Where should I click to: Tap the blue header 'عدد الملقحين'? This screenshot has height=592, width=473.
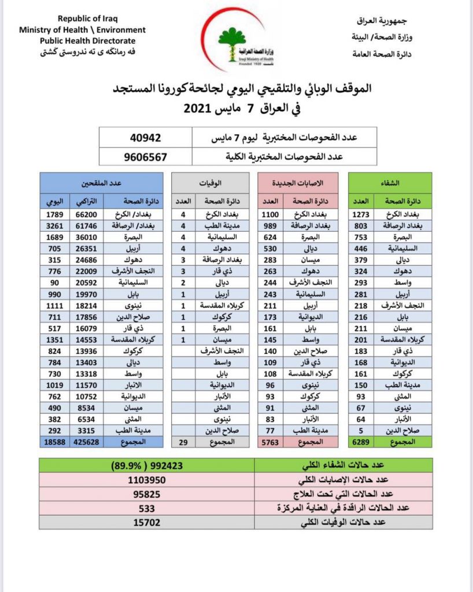(x=101, y=183)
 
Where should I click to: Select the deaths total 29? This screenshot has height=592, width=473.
(x=184, y=442)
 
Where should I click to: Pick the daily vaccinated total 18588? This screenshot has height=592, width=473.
(x=56, y=442)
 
